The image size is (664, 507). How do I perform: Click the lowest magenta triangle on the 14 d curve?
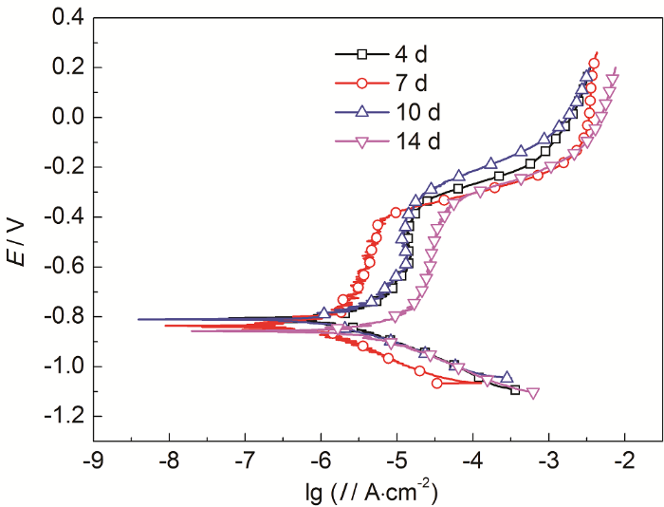[x=534, y=393]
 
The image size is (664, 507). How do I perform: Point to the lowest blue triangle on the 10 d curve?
[x=507, y=377]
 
